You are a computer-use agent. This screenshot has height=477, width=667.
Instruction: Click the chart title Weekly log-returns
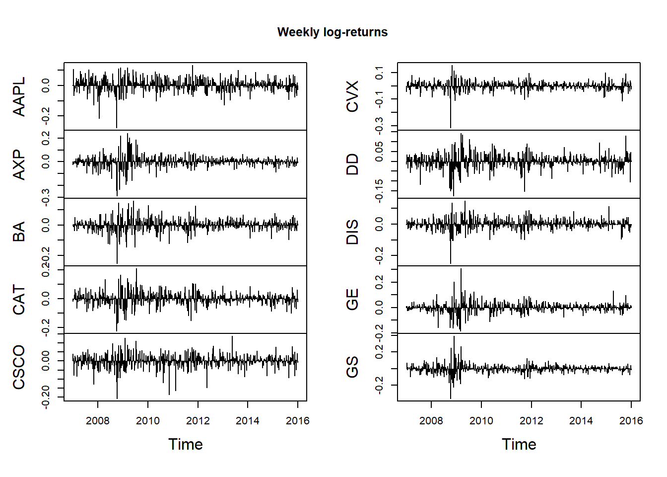click(x=333, y=32)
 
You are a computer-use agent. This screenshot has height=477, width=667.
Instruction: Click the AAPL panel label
click(x=19, y=96)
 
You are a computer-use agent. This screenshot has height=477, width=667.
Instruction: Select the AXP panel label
click(x=19, y=164)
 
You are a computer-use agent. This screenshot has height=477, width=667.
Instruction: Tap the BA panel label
click(x=19, y=232)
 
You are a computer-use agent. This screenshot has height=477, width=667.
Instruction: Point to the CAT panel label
click(x=19, y=300)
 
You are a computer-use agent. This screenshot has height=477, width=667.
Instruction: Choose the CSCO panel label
click(x=19, y=367)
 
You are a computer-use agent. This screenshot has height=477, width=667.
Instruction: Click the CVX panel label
click(x=352, y=96)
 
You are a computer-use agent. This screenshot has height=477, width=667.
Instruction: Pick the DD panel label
click(x=352, y=164)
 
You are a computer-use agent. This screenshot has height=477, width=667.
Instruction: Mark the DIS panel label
click(x=352, y=232)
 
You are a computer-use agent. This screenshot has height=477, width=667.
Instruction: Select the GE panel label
click(x=352, y=300)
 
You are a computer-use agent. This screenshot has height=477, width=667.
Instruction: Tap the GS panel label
click(x=352, y=367)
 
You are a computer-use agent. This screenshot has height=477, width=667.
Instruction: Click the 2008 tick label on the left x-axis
click(x=98, y=421)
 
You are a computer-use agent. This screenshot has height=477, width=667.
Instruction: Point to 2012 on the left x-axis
click(x=198, y=421)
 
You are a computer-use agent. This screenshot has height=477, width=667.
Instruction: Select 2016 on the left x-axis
click(x=298, y=421)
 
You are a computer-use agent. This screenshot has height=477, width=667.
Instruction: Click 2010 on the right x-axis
click(x=481, y=421)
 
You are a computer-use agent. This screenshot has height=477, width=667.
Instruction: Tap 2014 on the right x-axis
click(x=581, y=421)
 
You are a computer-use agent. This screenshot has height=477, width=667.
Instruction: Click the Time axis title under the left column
click(x=186, y=444)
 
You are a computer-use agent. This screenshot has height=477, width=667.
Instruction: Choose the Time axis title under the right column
click(x=519, y=444)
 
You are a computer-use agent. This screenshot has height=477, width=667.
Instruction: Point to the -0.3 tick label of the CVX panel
click(x=380, y=124)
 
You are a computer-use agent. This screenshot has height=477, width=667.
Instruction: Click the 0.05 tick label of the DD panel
click(x=380, y=151)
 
